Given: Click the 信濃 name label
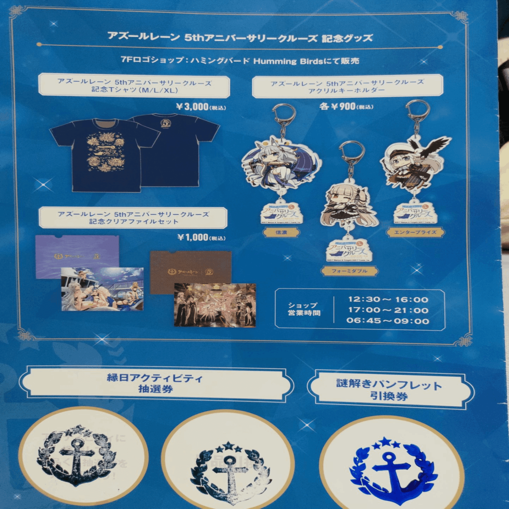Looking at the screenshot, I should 281,232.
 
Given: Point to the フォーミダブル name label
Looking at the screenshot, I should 349,271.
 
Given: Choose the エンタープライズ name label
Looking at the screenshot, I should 415,232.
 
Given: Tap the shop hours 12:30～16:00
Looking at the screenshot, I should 388,299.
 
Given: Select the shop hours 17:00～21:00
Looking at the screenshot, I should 388,310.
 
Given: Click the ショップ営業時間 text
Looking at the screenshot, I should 304,309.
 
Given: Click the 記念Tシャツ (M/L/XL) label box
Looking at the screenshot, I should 134,86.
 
